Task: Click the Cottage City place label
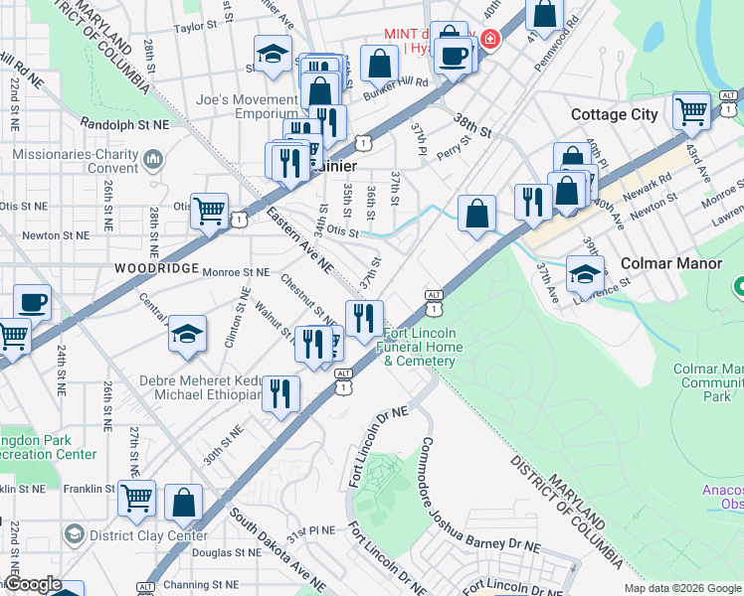tap(614, 114)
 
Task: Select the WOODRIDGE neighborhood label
tap(148, 268)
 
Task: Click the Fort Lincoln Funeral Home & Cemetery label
tap(420, 347)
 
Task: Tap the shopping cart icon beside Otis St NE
tap(209, 212)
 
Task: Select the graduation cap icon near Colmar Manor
tap(585, 274)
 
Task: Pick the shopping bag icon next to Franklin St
tap(184, 503)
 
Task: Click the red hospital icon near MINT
tap(488, 39)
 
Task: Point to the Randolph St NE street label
tap(124, 125)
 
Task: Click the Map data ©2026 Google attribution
tap(682, 588)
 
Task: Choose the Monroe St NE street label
tap(236, 271)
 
